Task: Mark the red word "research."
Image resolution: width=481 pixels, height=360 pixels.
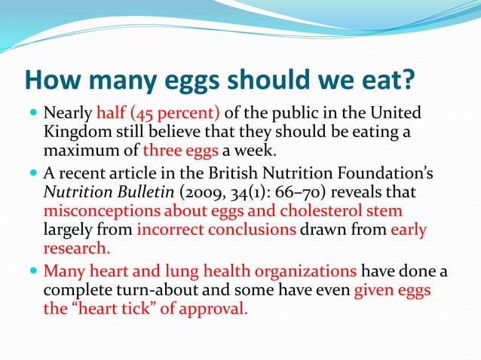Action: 75,248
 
